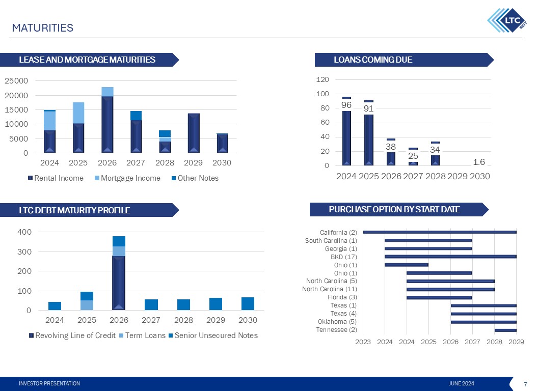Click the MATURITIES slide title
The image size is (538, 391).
pos(43,28)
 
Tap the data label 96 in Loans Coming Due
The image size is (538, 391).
pos(346,105)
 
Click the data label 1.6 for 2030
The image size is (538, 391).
pos(478,162)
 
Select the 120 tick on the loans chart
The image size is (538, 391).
pos(321,80)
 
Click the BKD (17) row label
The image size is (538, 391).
pos(344,257)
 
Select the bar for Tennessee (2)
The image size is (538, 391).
pos(505,330)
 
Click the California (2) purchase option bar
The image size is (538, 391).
pos(440,232)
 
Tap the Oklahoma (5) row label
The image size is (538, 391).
pos(337,322)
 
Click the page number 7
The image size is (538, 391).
pos(525,383)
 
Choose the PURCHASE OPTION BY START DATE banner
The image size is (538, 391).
pos(394,209)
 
